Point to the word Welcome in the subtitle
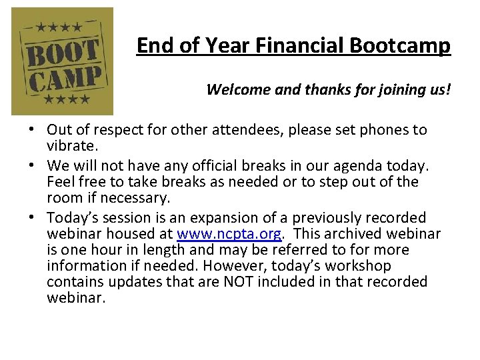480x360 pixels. [x=234, y=89]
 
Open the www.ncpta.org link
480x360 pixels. [x=230, y=234]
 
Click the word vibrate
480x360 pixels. [x=75, y=146]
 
